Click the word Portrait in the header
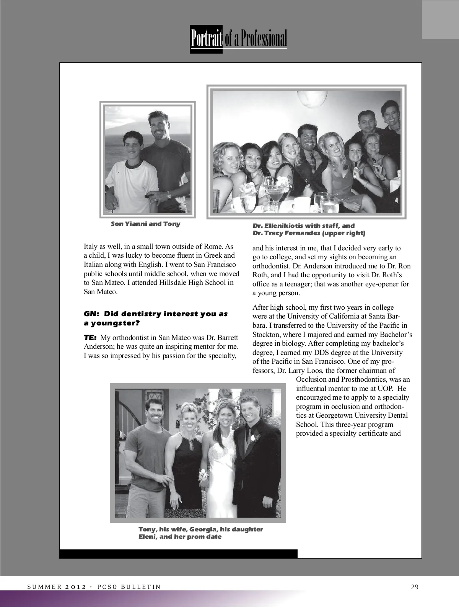[206, 39]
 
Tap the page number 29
[415, 587]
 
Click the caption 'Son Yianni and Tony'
[145, 224]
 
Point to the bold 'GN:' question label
[92, 314]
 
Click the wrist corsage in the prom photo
[202, 476]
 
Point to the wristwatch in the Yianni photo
[169, 195]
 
